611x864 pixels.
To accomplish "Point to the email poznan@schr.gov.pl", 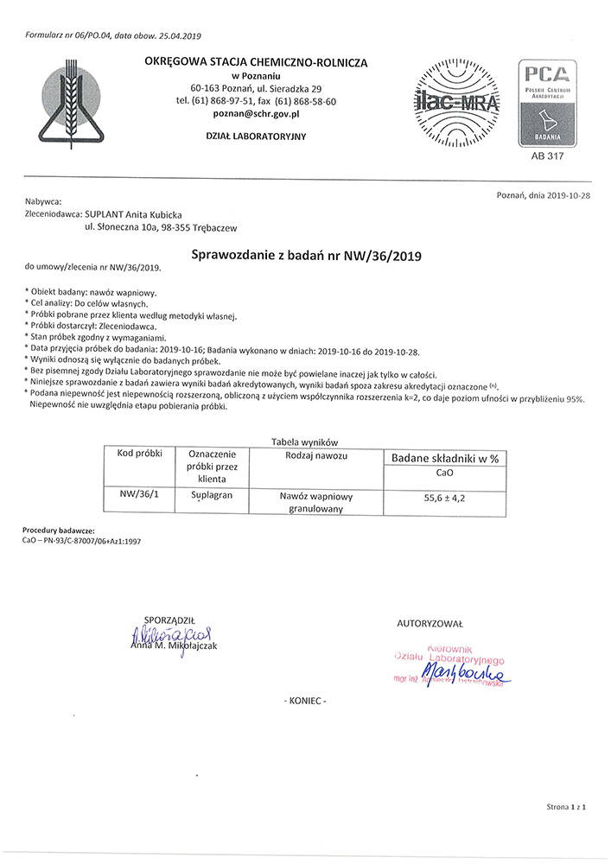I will point(257,114).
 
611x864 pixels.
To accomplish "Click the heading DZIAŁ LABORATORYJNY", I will point(257,137).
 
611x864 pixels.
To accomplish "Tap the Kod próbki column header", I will point(134,454).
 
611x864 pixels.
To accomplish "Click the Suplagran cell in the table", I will point(211,497).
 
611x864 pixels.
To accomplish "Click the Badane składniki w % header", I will point(446,458).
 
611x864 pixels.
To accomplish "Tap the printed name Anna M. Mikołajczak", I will point(175,645).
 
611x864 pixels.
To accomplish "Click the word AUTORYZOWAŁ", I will point(430,623).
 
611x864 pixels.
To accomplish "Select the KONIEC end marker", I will point(305,701).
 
